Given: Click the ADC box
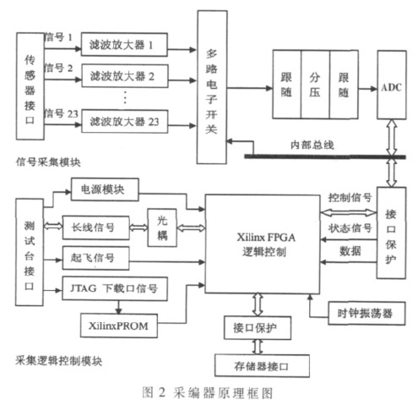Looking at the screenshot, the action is (x=391, y=85).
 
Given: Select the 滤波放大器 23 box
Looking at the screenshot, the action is (x=124, y=122).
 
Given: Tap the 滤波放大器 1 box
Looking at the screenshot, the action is (x=124, y=45).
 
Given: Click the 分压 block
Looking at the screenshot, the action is (x=315, y=85).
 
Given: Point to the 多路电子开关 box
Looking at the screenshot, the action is (x=212, y=87).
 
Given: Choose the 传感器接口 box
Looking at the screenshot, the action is (x=30, y=86).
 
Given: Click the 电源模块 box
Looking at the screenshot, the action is (x=105, y=189).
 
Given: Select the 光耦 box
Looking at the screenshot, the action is (x=162, y=227).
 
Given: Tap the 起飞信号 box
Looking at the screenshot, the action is (x=95, y=258).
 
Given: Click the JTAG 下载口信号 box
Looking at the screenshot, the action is (x=115, y=288).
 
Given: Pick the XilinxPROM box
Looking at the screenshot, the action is (x=119, y=326).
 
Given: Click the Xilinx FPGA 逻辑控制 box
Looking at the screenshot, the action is (x=263, y=244).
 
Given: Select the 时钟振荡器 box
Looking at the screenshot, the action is (x=366, y=313).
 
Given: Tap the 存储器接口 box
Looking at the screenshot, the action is (x=262, y=365).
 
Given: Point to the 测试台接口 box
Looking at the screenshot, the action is (x=30, y=252).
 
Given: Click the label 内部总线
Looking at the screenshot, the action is (x=312, y=145).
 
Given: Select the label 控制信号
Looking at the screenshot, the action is (x=350, y=198).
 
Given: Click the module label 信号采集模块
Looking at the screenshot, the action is (x=48, y=162).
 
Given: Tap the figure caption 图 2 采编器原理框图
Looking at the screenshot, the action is (x=208, y=392).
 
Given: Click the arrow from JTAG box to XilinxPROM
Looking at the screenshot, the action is (x=118, y=307).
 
